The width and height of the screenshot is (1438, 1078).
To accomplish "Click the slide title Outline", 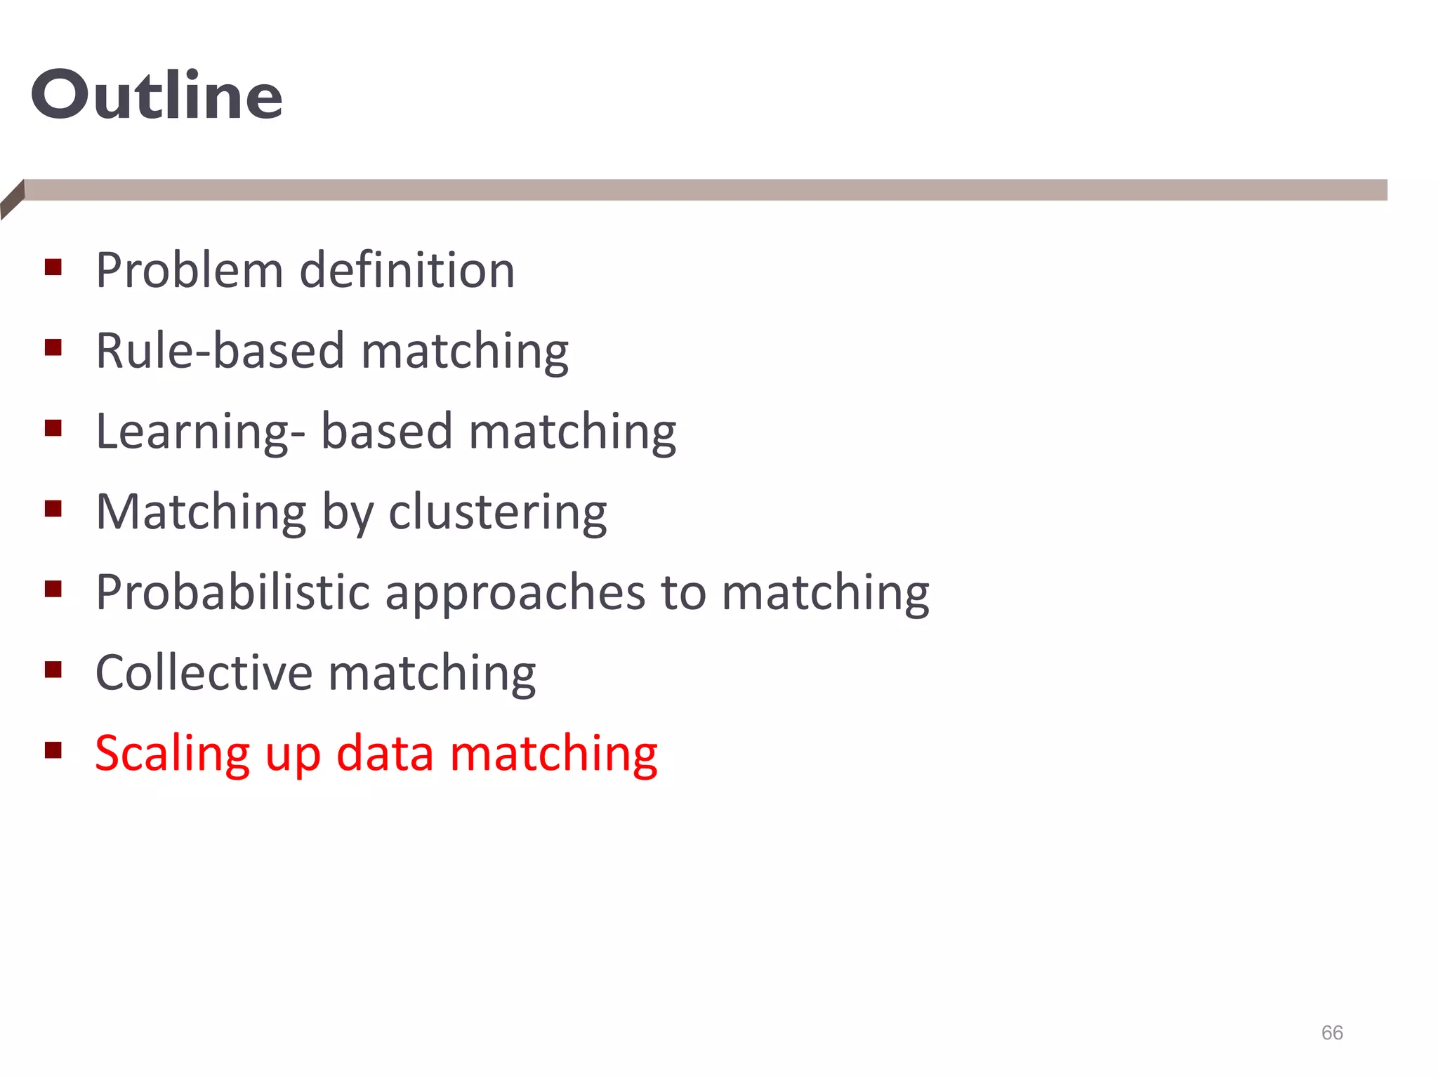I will tap(157, 95).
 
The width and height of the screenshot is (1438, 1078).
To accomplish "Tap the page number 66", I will tap(1331, 1032).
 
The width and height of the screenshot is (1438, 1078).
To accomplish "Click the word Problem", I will tap(189, 270).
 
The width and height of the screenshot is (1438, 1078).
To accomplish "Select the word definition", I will tap(407, 270).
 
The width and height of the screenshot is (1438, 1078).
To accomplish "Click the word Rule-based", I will tap(220, 350).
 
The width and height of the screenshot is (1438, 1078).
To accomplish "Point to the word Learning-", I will tap(200, 432).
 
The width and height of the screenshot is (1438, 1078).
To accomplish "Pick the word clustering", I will tap(497, 512).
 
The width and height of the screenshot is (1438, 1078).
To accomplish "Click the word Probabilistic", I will tap(232, 592).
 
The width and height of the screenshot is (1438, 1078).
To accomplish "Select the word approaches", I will tap(515, 594).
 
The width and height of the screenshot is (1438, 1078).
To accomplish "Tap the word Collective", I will tap(204, 672).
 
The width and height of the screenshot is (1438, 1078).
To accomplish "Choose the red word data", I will tap(385, 753).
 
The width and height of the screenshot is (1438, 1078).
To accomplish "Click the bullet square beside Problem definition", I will tap(53, 267).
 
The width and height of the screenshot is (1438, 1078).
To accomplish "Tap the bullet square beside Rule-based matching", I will tap(53, 347).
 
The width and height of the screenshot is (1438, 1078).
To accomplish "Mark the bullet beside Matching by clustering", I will tap(53, 508).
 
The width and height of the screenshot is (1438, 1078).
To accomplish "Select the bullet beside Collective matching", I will tap(53, 670).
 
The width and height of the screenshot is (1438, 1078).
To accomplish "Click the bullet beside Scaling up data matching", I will tap(53, 750).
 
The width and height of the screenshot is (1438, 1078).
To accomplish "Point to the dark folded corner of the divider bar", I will tap(12, 199).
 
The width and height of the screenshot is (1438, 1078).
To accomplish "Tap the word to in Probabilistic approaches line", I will tap(683, 592).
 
